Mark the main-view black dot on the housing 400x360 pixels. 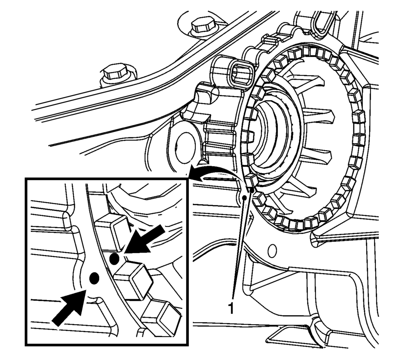pos(245,198)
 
